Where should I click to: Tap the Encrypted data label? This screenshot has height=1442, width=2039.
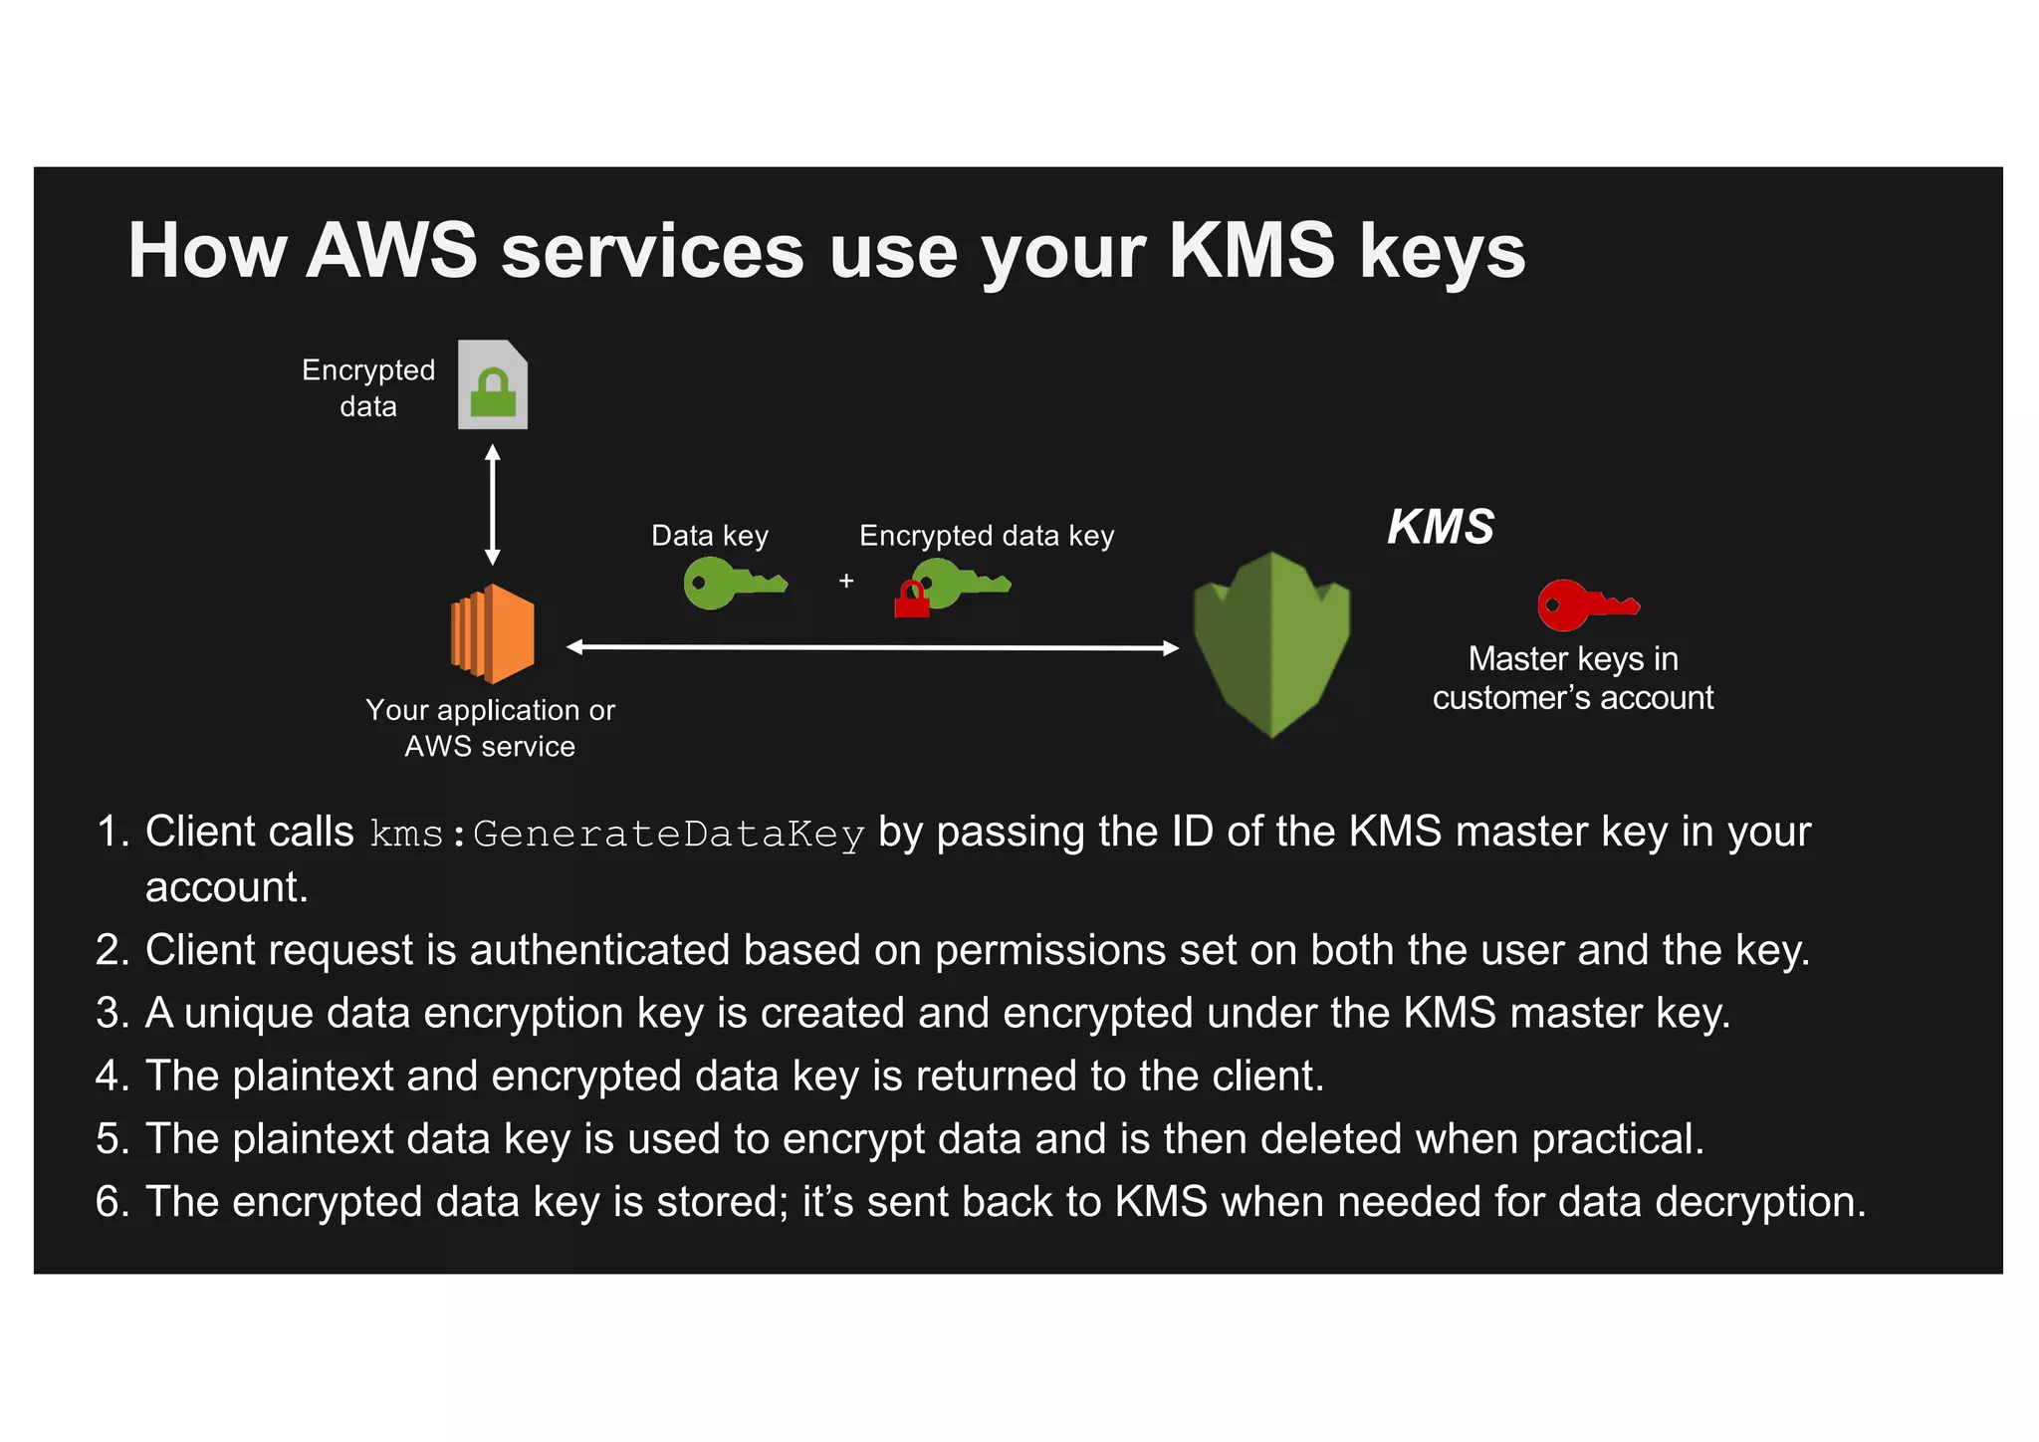click(x=368, y=388)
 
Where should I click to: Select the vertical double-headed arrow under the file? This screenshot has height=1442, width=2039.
click(x=492, y=505)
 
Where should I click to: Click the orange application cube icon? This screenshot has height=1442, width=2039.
click(x=493, y=633)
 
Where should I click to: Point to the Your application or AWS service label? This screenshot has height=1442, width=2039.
click(x=490, y=728)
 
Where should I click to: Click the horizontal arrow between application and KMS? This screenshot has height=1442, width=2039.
click(x=872, y=647)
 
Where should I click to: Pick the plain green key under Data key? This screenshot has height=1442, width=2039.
click(x=733, y=584)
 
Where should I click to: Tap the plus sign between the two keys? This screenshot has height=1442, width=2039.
click(x=846, y=581)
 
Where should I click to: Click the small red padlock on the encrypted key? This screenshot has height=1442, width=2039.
click(x=911, y=601)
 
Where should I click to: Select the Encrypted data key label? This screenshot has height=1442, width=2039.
click(x=987, y=536)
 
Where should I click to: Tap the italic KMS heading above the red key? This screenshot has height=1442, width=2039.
click(x=1441, y=527)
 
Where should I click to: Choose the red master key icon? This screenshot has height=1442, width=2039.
click(x=1586, y=604)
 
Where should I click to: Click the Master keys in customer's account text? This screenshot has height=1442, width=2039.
click(x=1573, y=678)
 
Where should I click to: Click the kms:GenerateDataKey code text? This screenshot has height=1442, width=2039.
click(x=617, y=834)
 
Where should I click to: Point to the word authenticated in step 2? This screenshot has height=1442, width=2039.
click(x=599, y=950)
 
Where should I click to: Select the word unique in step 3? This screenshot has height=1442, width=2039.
click(x=249, y=1013)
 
